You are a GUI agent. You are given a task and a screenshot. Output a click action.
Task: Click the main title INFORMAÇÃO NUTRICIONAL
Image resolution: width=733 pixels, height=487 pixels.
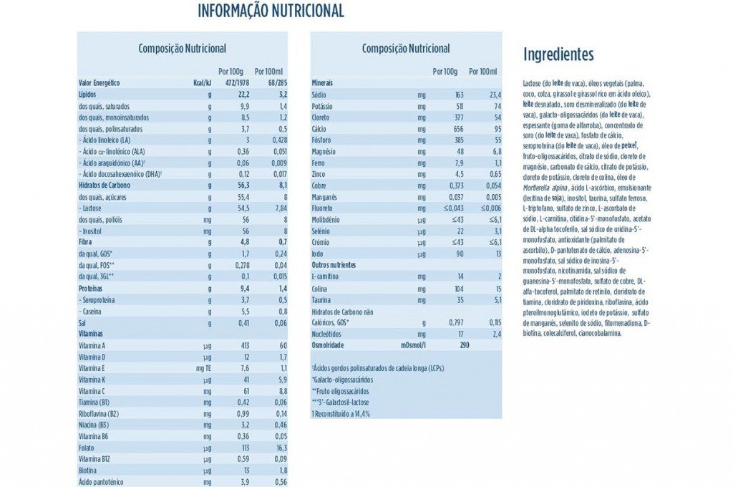click(271, 11)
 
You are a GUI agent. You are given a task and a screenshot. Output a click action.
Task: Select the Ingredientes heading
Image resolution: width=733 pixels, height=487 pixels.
click(558, 54)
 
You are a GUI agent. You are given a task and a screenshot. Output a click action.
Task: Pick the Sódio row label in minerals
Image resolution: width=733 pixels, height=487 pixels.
click(319, 94)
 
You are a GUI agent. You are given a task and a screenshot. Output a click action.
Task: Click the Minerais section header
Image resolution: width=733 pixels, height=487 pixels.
click(323, 82)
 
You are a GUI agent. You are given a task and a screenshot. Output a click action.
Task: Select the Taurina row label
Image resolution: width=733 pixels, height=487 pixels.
click(323, 299)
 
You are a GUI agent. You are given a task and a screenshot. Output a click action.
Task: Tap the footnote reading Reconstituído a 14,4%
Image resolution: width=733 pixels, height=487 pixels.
click(341, 414)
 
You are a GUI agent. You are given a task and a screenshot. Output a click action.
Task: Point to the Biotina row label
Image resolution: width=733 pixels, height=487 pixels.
click(89, 471)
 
